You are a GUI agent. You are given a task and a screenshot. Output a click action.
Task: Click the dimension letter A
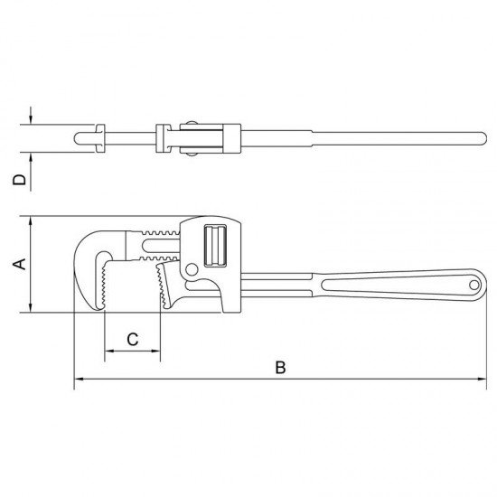click(x=20, y=264)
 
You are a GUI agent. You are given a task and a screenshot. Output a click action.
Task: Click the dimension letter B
click(x=280, y=368)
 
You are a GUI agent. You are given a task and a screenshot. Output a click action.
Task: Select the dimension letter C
click(x=133, y=340)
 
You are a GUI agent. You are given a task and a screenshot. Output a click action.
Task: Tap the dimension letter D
click(x=20, y=180)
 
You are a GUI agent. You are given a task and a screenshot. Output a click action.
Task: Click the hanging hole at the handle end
click(x=474, y=286)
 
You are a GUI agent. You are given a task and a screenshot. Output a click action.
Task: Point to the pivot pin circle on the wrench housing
click(x=192, y=270)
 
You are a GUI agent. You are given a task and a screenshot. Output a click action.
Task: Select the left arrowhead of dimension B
click(x=79, y=379)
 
